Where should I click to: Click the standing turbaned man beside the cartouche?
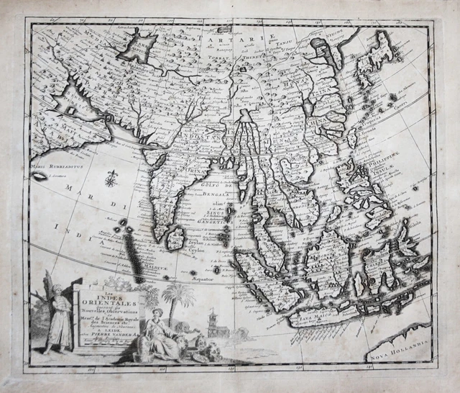click(x=60, y=315)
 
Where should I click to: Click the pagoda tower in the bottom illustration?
click(x=213, y=323)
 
